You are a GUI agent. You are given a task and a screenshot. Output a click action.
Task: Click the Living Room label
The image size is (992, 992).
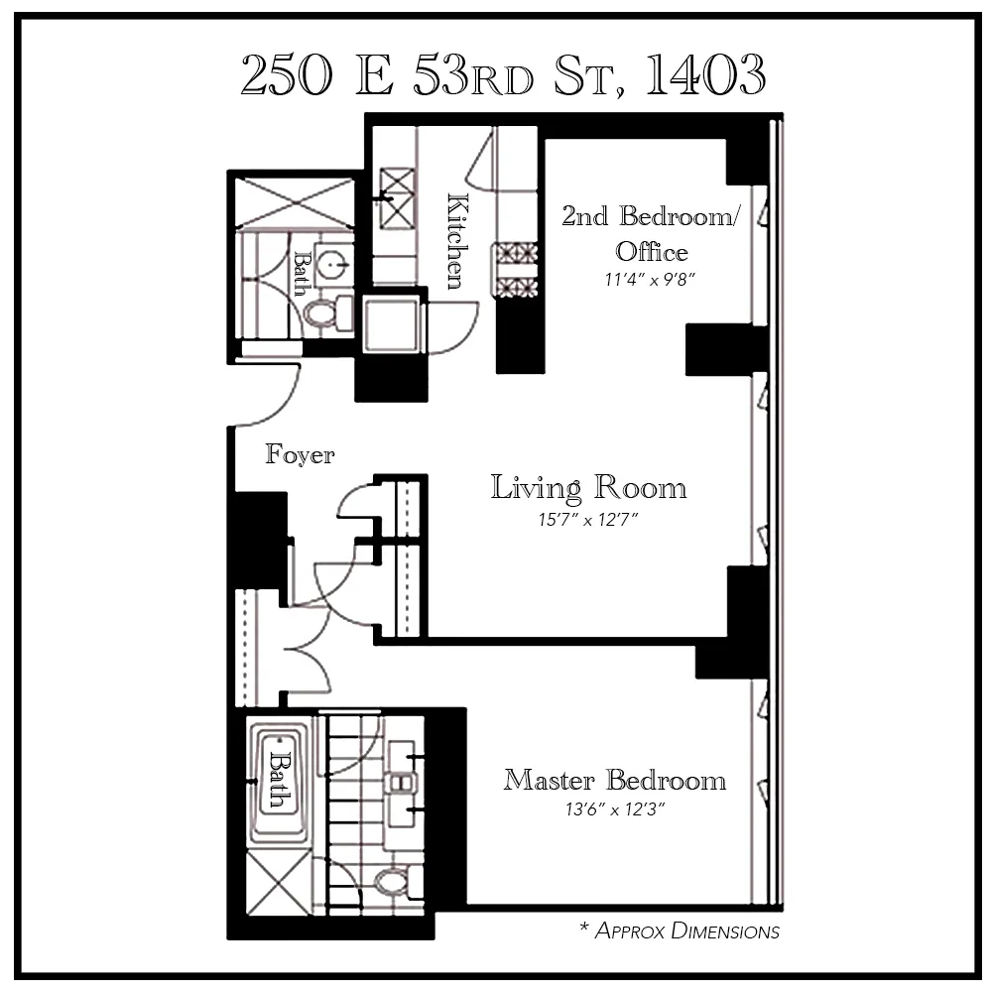click(x=589, y=488)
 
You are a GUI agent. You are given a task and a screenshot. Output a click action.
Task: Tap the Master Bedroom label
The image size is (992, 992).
click(x=614, y=780)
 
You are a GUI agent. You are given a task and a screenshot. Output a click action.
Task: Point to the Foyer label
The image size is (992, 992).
click(x=300, y=455)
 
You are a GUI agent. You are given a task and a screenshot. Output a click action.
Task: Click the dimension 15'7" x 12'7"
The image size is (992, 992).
click(x=588, y=520)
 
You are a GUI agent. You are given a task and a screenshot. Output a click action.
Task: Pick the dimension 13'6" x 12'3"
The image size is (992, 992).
click(x=614, y=809)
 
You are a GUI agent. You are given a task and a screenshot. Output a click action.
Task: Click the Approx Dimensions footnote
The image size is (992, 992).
click(x=680, y=930)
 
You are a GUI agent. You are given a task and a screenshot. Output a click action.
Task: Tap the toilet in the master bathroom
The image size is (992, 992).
click(x=393, y=879)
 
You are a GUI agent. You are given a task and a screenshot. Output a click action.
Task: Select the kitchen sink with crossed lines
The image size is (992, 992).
click(x=397, y=186)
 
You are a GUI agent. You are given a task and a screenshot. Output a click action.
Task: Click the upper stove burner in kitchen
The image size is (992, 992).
click(x=515, y=254)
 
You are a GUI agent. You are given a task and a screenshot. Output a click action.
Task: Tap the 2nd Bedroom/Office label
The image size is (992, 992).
click(x=650, y=232)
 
